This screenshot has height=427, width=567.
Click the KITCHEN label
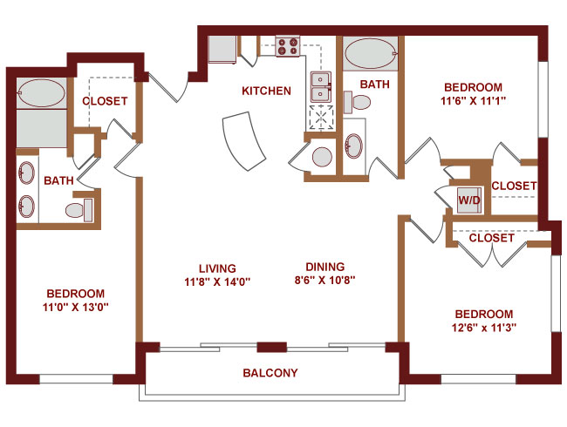[x=267, y=91]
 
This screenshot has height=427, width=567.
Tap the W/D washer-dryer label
[x=469, y=200]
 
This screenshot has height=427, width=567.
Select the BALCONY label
[x=270, y=372]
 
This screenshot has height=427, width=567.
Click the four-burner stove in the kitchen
[x=288, y=46]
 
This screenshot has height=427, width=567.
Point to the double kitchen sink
[x=320, y=86]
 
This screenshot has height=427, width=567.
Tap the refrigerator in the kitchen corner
[x=222, y=50]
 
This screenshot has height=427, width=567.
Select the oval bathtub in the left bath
[x=41, y=93]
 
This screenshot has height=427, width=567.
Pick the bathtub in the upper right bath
[x=370, y=54]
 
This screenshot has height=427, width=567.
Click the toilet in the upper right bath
[x=357, y=102]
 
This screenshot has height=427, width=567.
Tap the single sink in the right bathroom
[x=353, y=146]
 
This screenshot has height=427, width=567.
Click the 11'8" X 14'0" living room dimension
[x=218, y=281]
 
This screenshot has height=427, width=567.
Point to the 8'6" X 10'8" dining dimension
[x=325, y=280]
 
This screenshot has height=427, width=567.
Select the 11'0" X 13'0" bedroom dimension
[x=76, y=307]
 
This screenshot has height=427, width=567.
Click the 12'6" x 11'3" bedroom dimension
[x=484, y=328]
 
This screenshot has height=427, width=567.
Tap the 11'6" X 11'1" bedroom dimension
[x=473, y=101]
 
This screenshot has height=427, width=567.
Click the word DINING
[x=325, y=267]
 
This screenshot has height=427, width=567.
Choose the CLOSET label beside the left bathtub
[x=105, y=101]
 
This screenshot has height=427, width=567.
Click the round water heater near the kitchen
[x=322, y=157]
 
